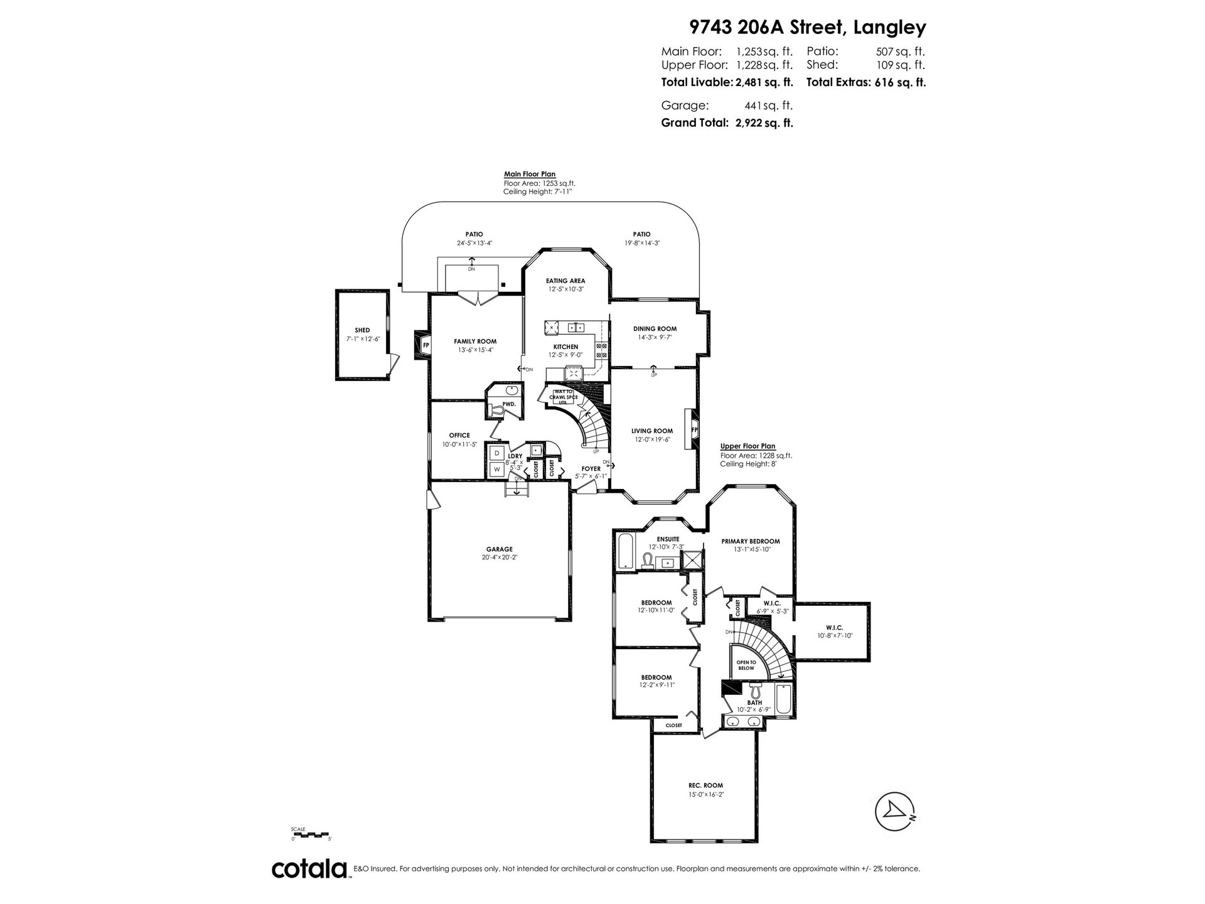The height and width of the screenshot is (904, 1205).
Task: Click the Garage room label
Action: click(499, 549)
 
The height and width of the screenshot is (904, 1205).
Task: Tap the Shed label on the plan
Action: click(362, 330)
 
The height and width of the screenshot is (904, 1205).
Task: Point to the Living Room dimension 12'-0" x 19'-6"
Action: click(651, 440)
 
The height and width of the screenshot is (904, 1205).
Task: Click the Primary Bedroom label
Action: click(751, 541)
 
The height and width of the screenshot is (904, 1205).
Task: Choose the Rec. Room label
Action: click(705, 785)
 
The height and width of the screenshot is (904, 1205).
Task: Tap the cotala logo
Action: click(310, 869)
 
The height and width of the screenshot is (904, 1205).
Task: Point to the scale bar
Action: click(311, 834)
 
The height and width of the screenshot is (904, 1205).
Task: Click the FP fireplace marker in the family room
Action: click(426, 345)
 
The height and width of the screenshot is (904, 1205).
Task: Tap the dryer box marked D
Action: click(496, 453)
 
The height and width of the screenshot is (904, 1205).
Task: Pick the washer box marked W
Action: click(496, 469)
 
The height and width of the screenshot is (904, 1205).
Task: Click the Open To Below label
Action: click(746, 665)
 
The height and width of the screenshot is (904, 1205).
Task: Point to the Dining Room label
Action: click(655, 328)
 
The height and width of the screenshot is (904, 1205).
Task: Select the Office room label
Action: click(459, 435)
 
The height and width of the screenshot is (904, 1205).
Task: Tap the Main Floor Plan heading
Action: click(530, 175)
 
